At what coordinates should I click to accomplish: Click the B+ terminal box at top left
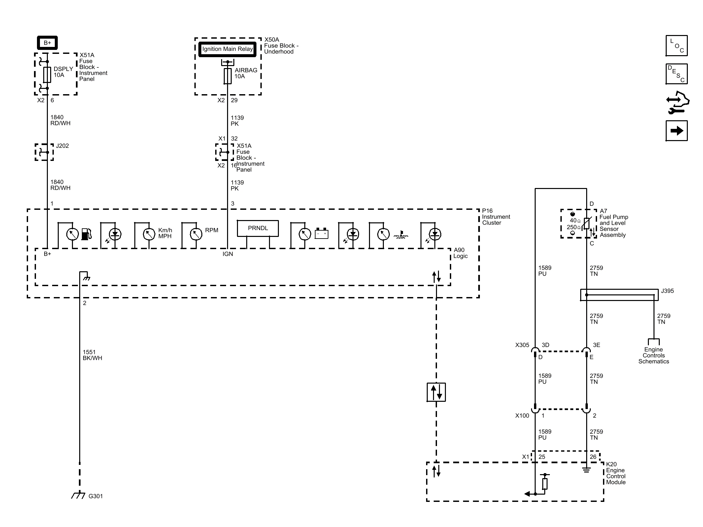coord(47,43)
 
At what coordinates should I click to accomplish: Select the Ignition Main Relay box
coord(227,49)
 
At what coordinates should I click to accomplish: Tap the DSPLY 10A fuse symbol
coord(47,75)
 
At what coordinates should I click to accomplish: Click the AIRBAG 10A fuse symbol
coord(227,76)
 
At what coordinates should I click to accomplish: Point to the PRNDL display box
coord(258,228)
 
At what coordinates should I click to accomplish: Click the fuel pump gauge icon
coord(86,234)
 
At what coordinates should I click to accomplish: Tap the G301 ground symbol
coord(78,495)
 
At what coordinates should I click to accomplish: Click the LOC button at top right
coord(677,46)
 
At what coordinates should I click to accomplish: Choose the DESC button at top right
coord(677,74)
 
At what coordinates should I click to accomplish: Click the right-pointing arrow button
coord(677,131)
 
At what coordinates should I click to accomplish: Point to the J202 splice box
coord(44,152)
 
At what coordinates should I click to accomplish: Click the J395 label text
coord(667,291)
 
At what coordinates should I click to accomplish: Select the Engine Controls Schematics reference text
coord(653,356)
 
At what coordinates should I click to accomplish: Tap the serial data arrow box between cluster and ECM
coord(436,392)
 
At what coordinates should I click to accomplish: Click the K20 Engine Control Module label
coord(616,473)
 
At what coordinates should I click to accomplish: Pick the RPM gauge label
coord(212,230)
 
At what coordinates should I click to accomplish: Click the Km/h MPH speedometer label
coord(165,233)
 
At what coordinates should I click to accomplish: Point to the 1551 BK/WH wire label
coord(92,355)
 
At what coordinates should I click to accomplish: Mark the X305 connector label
coord(522,345)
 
